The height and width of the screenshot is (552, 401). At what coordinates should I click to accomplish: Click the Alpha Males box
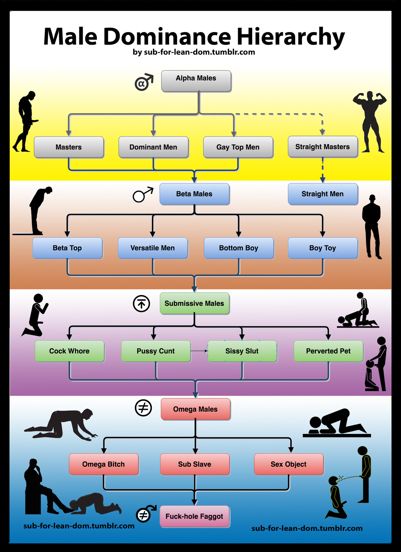coord(196,81)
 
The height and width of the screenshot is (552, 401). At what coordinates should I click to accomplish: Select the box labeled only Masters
coord(69,147)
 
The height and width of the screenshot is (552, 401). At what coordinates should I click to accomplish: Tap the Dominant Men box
coord(153,147)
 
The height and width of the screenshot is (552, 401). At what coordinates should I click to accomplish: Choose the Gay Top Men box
coord(238,147)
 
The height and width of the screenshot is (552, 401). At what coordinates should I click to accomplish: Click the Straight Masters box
coord(322,147)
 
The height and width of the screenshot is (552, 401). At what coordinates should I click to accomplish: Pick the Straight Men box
coord(322,194)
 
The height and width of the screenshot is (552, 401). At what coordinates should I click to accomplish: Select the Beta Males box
coord(194,194)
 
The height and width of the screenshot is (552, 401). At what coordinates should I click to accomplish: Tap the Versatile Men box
coord(153,248)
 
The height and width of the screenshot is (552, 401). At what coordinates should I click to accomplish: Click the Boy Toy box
coord(322,248)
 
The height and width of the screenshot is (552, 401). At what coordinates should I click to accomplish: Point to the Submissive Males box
coord(194,303)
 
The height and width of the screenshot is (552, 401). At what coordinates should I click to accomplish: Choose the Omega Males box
coord(195,409)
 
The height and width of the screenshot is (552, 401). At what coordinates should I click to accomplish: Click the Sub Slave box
coord(195,464)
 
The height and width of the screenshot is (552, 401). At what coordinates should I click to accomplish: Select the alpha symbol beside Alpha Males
coord(143,83)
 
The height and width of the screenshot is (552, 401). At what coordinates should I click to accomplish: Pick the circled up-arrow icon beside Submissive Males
coord(141,304)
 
